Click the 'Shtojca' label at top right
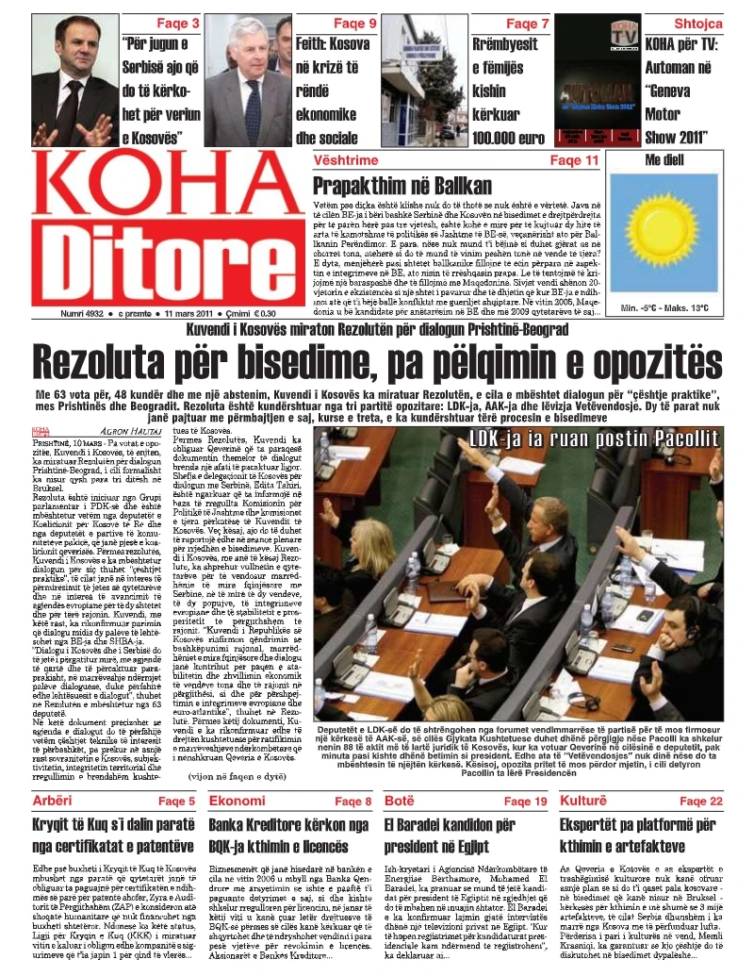point(698,23)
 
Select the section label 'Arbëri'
point(54,802)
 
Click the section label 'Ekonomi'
point(236,802)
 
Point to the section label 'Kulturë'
point(584,802)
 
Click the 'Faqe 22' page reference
point(702,802)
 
